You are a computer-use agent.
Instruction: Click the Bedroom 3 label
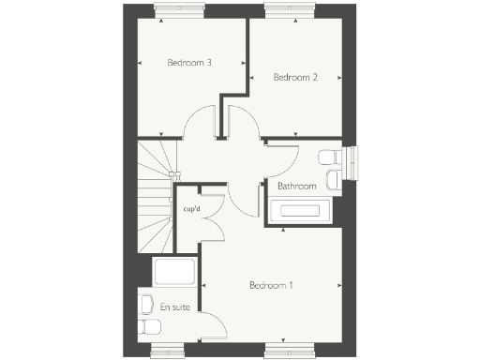pyautogui.click(x=188, y=63)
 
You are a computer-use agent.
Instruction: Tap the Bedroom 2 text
pyautogui.click(x=295, y=78)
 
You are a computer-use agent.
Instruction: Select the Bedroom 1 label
pyautogui.click(x=271, y=284)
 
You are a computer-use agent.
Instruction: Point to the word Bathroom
pyautogui.click(x=296, y=187)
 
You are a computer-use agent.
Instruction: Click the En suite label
pyautogui.click(x=172, y=307)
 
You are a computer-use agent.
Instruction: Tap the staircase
pyautogui.click(x=156, y=197)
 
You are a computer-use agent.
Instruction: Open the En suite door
pyautogui.click(x=213, y=329)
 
